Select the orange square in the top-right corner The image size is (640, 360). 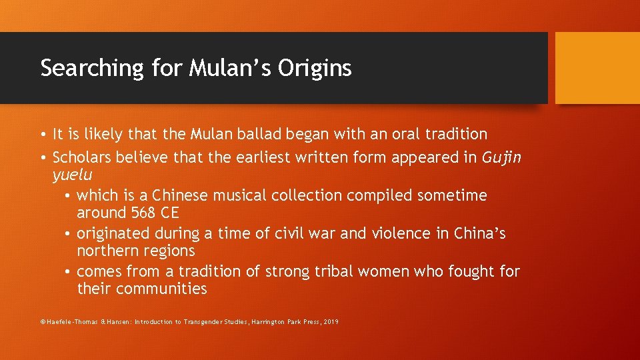point(597,67)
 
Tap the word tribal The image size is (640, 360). point(333,271)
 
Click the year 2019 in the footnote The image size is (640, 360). point(331,322)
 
